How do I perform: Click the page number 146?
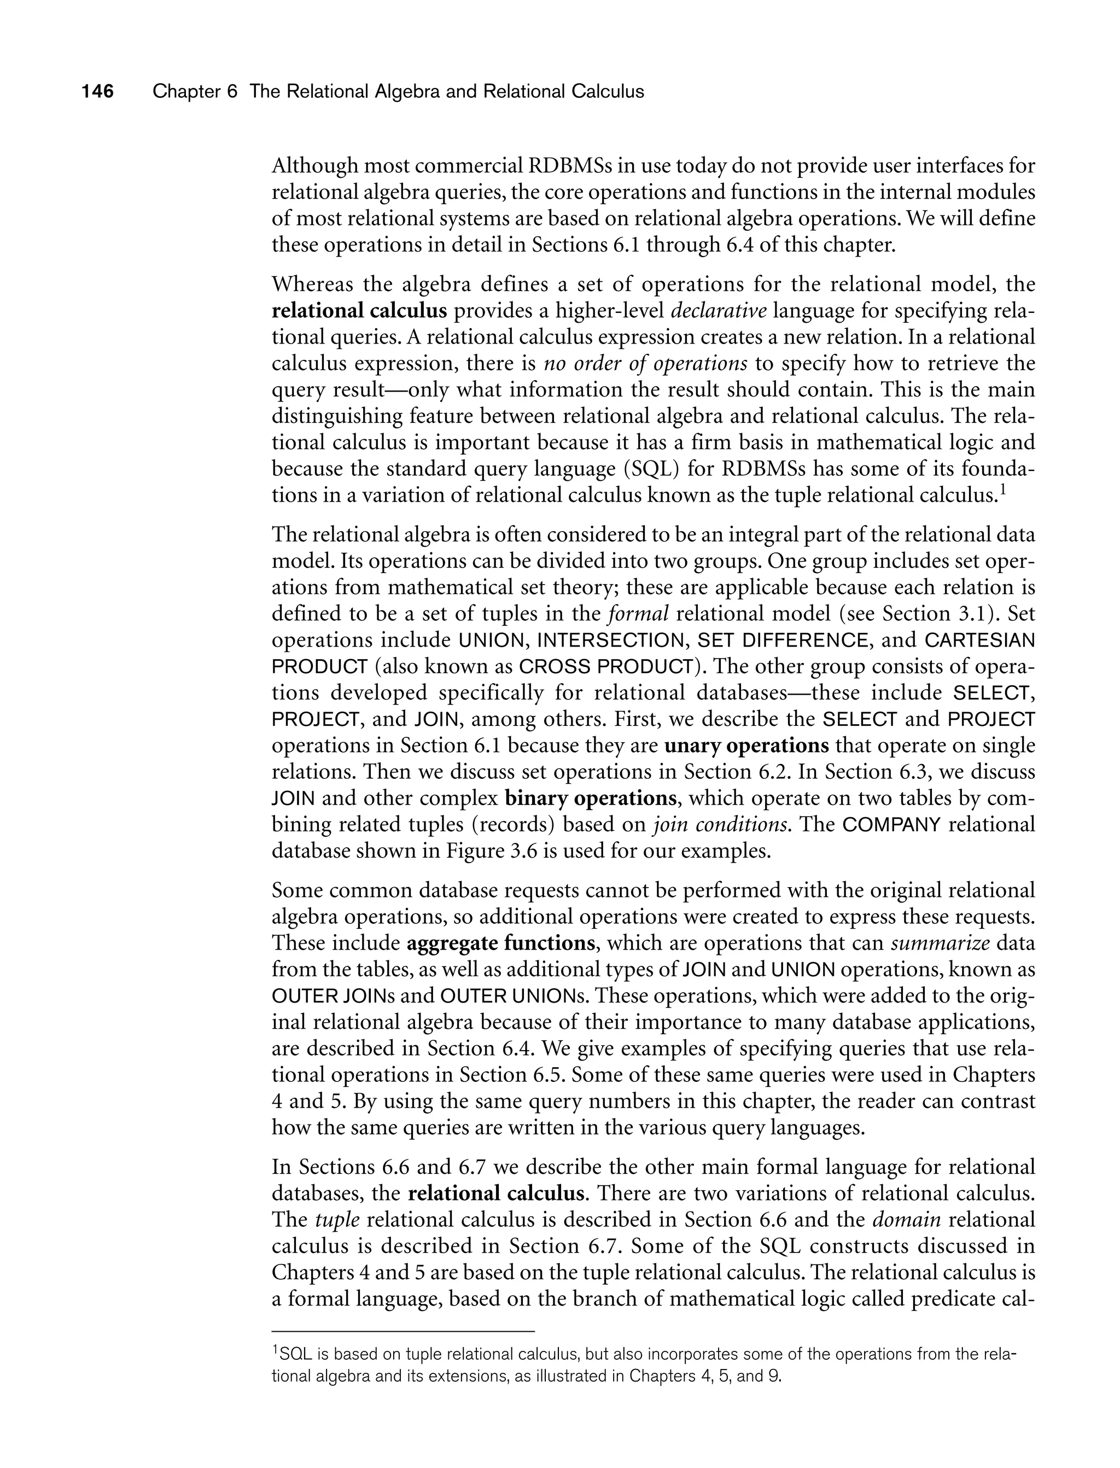98,91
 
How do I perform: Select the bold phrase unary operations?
746,745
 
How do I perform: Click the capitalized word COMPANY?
892,825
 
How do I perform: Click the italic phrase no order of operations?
645,363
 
